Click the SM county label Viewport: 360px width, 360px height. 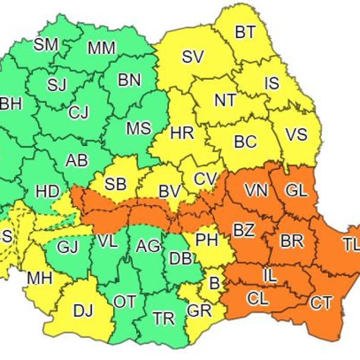46,45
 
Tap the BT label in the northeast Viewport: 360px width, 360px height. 245,32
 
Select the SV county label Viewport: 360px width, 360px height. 193,57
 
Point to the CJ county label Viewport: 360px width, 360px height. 79,112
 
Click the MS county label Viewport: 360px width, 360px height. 138,128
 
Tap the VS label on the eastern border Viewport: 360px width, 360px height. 296,135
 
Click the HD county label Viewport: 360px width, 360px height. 48,191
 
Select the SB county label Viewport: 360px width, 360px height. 117,183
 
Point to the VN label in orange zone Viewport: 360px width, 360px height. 256,191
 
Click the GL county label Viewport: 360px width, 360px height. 296,191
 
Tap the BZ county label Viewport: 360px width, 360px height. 244,230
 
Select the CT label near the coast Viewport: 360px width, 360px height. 321,303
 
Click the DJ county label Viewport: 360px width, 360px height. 84,311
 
